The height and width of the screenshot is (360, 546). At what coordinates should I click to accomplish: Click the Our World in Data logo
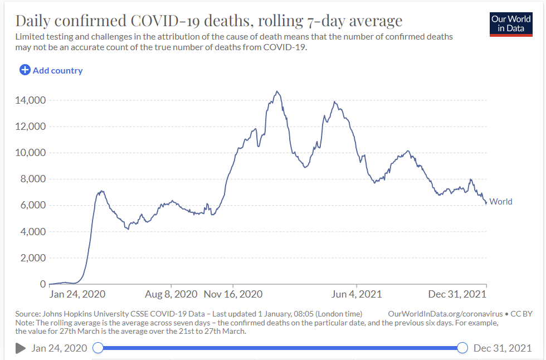(x=511, y=23)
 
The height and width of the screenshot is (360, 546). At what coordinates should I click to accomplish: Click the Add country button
(x=51, y=70)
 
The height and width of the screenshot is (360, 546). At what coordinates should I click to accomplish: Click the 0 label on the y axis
(x=42, y=284)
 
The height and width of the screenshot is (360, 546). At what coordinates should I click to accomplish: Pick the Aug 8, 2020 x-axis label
(x=171, y=294)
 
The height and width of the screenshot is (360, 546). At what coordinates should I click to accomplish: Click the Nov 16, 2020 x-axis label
(x=233, y=294)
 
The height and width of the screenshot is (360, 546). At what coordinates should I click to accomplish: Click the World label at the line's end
(x=501, y=202)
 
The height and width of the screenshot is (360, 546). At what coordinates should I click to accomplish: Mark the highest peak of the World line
(x=277, y=91)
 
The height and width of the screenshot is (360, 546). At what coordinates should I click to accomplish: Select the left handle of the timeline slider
(x=98, y=348)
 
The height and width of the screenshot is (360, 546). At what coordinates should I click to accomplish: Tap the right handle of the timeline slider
(x=462, y=348)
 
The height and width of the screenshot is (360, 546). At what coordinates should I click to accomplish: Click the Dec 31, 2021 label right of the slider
(x=502, y=348)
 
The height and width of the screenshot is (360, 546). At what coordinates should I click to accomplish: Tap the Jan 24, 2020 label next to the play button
(x=60, y=348)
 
